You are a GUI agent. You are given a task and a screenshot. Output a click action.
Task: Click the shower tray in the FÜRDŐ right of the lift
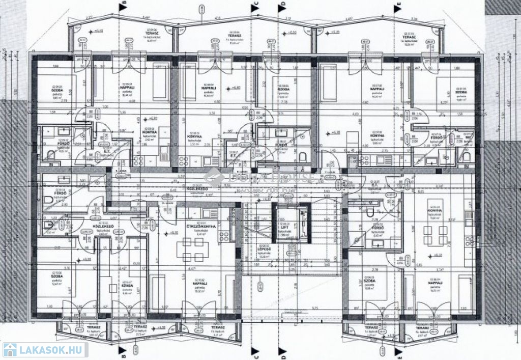click(x=360, y=235)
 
